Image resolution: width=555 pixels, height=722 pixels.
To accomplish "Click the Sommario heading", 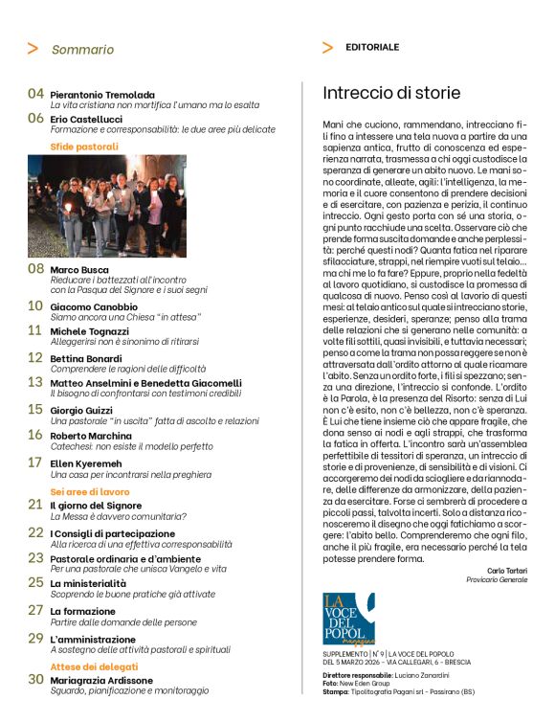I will [x=82, y=49].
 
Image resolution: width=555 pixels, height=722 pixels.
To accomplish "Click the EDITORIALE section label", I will [x=372, y=47].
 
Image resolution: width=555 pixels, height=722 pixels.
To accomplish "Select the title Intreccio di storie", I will [x=391, y=93].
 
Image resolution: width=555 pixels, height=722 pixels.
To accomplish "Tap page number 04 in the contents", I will [x=35, y=94].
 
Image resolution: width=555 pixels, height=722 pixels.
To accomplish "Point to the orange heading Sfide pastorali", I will [x=84, y=147].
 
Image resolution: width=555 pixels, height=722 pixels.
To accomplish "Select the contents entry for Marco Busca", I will [x=78, y=269].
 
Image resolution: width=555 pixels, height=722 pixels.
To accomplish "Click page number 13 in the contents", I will [x=35, y=381].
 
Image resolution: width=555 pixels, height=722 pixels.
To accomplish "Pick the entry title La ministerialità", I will [x=89, y=581].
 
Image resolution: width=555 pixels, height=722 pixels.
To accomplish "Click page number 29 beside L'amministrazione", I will [x=35, y=637].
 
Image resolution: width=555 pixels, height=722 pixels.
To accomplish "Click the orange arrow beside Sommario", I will [x=33, y=49].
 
